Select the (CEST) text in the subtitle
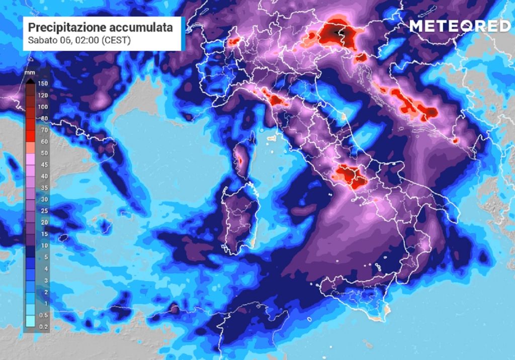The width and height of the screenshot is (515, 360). click(x=116, y=40)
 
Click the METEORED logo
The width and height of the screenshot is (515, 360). click(x=459, y=26)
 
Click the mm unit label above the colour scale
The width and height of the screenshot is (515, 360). click(x=30, y=73)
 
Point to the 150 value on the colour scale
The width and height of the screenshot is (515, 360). click(x=43, y=83)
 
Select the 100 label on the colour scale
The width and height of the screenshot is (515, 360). click(x=43, y=107)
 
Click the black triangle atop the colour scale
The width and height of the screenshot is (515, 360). click(x=30, y=79)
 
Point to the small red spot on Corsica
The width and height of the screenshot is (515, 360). click(x=239, y=161)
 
